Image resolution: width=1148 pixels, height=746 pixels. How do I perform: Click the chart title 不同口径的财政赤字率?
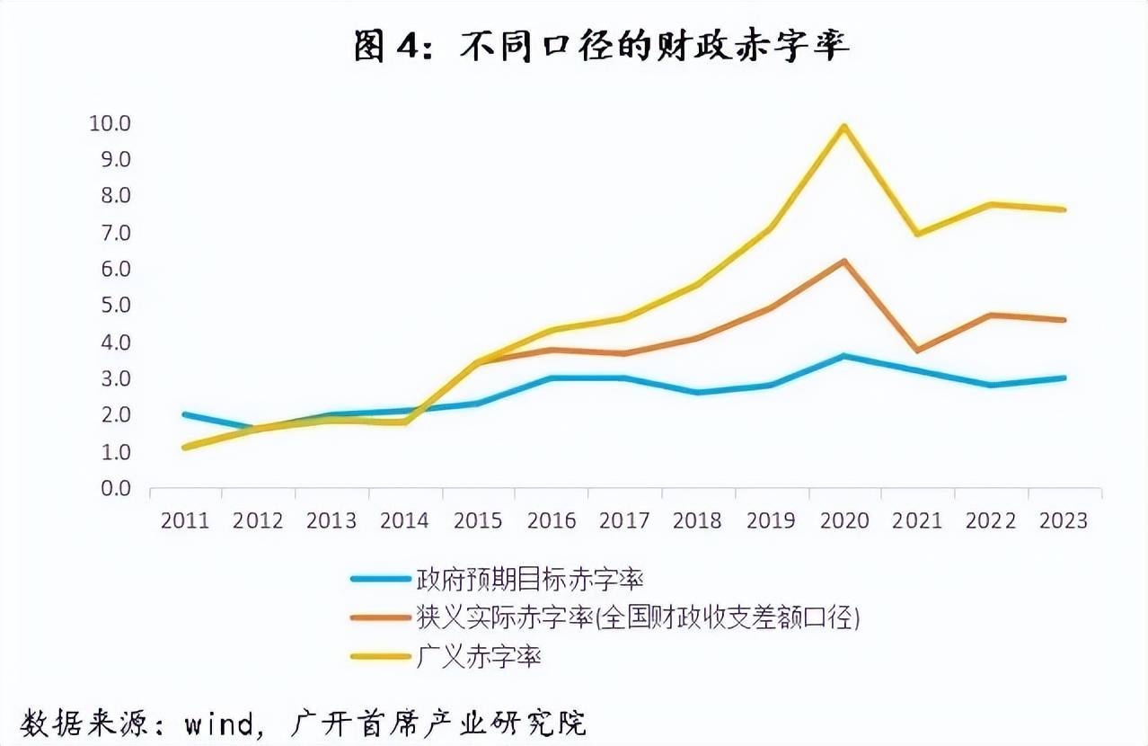coord(654,47)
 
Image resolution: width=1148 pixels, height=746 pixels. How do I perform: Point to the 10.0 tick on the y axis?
coord(110,122)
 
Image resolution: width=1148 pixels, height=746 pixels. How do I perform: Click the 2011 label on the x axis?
coord(185,521)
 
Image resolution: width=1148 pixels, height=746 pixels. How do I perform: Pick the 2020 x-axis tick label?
coord(844,521)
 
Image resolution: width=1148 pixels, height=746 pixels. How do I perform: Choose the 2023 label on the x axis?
coord(1064,521)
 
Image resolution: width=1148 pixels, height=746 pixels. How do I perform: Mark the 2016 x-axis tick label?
coord(552,521)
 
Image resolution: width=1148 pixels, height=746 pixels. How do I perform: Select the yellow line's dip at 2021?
coord(917,234)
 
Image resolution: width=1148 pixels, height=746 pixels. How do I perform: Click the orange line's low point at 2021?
coord(917,350)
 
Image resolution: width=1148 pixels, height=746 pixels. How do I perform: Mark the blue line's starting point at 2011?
coord(185,414)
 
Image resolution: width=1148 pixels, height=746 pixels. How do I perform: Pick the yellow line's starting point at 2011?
coord(185,447)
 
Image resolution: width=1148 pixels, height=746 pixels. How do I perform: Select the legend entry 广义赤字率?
coord(479,656)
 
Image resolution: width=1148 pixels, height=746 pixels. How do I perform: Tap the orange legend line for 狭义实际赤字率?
coord(379,617)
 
